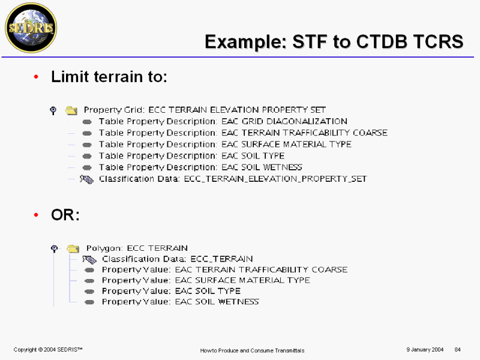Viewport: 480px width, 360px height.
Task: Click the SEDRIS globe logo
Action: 31,28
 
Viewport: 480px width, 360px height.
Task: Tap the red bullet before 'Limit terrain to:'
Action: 36,77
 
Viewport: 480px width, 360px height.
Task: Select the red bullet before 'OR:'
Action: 36,215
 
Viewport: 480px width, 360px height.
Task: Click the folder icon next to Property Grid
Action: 71,110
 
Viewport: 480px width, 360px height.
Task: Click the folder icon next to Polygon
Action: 73,248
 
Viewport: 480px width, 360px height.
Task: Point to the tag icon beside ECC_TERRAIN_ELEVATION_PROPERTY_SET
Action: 86,179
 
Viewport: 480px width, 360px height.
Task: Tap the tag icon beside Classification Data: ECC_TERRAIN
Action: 89,260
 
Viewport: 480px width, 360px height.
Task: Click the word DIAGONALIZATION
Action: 307,122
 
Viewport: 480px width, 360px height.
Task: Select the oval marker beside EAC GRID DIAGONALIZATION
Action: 87,122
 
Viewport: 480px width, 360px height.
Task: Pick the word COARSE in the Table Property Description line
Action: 370,133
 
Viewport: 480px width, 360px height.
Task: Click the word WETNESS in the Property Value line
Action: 239,302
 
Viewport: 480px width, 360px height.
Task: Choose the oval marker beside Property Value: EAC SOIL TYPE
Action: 89,292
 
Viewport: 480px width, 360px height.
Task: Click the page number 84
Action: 458,350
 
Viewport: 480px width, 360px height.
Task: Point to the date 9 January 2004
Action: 425,350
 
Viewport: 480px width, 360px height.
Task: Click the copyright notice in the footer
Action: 48,350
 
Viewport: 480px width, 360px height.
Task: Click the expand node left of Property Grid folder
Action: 53,110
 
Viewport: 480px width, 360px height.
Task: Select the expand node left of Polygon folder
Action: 55,248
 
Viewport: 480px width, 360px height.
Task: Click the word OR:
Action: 65,215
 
